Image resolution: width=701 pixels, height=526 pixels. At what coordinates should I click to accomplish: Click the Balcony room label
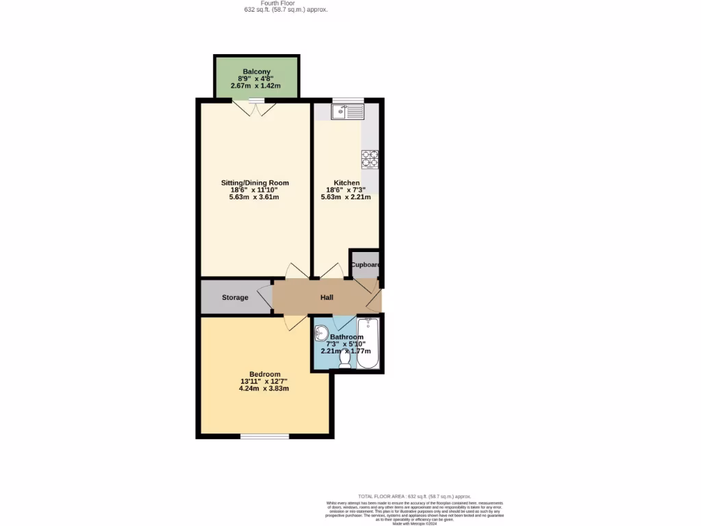pos(256,71)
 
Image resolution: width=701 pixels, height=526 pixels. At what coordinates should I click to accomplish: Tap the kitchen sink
pos(347,111)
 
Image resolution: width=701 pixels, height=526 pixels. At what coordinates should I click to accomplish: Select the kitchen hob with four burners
pos(370,158)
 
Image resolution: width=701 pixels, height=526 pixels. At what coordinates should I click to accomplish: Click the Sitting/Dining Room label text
pos(255,183)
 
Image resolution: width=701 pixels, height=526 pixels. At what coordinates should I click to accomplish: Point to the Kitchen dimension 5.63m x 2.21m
pos(346,197)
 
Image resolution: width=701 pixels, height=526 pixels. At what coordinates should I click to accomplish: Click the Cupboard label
pos(365,265)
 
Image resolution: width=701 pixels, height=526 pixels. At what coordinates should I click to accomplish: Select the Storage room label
pos(235,297)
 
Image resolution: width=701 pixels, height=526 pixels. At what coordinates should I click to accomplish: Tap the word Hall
pos(327,297)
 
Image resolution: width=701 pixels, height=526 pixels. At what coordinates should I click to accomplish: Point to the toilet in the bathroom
pos(344,358)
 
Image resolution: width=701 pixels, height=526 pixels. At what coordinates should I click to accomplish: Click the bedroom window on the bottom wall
pos(264,436)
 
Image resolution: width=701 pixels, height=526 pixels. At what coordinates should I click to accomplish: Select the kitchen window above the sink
pos(348,101)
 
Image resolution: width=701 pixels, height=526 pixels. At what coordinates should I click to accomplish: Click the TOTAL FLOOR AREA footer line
pos(415,496)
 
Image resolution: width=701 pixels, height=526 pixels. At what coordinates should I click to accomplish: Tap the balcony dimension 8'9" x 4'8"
pos(256,79)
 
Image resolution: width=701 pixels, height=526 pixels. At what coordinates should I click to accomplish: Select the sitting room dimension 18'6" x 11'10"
pos(255,190)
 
